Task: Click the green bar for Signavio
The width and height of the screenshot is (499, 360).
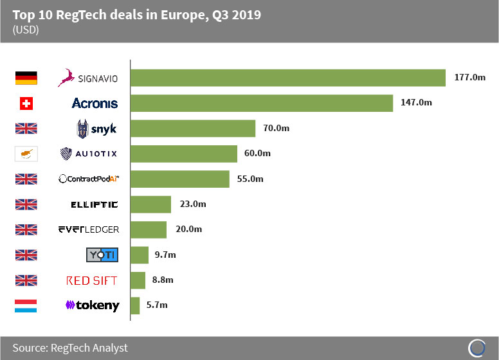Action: click(288, 78)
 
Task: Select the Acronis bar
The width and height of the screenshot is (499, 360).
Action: click(262, 103)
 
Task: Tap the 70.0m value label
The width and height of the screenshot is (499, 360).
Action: click(277, 129)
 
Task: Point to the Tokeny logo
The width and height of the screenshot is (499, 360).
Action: click(93, 305)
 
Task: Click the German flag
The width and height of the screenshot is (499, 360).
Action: click(26, 78)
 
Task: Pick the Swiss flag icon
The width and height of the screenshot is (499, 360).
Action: click(26, 103)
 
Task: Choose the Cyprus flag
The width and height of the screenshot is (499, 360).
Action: click(26, 154)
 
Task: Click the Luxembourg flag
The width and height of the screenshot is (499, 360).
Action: click(26, 305)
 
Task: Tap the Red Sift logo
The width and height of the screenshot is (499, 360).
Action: click(93, 280)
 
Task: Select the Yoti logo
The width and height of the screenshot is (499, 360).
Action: click(102, 255)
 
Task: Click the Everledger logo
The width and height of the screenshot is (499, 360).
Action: click(89, 230)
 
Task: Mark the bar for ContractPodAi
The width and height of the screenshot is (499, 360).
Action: click(180, 179)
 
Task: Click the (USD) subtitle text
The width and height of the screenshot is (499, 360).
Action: click(26, 30)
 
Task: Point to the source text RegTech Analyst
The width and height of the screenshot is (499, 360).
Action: click(70, 348)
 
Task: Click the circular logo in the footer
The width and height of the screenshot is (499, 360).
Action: click(476, 348)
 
